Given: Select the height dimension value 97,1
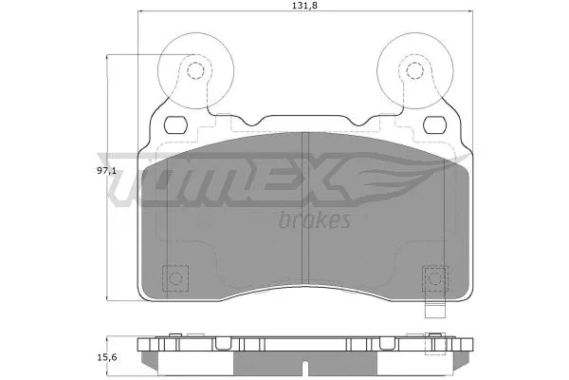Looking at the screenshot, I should [105, 171].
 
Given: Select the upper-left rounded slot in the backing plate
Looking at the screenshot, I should [176, 123].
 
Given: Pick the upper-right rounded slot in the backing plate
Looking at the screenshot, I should [434, 123].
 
